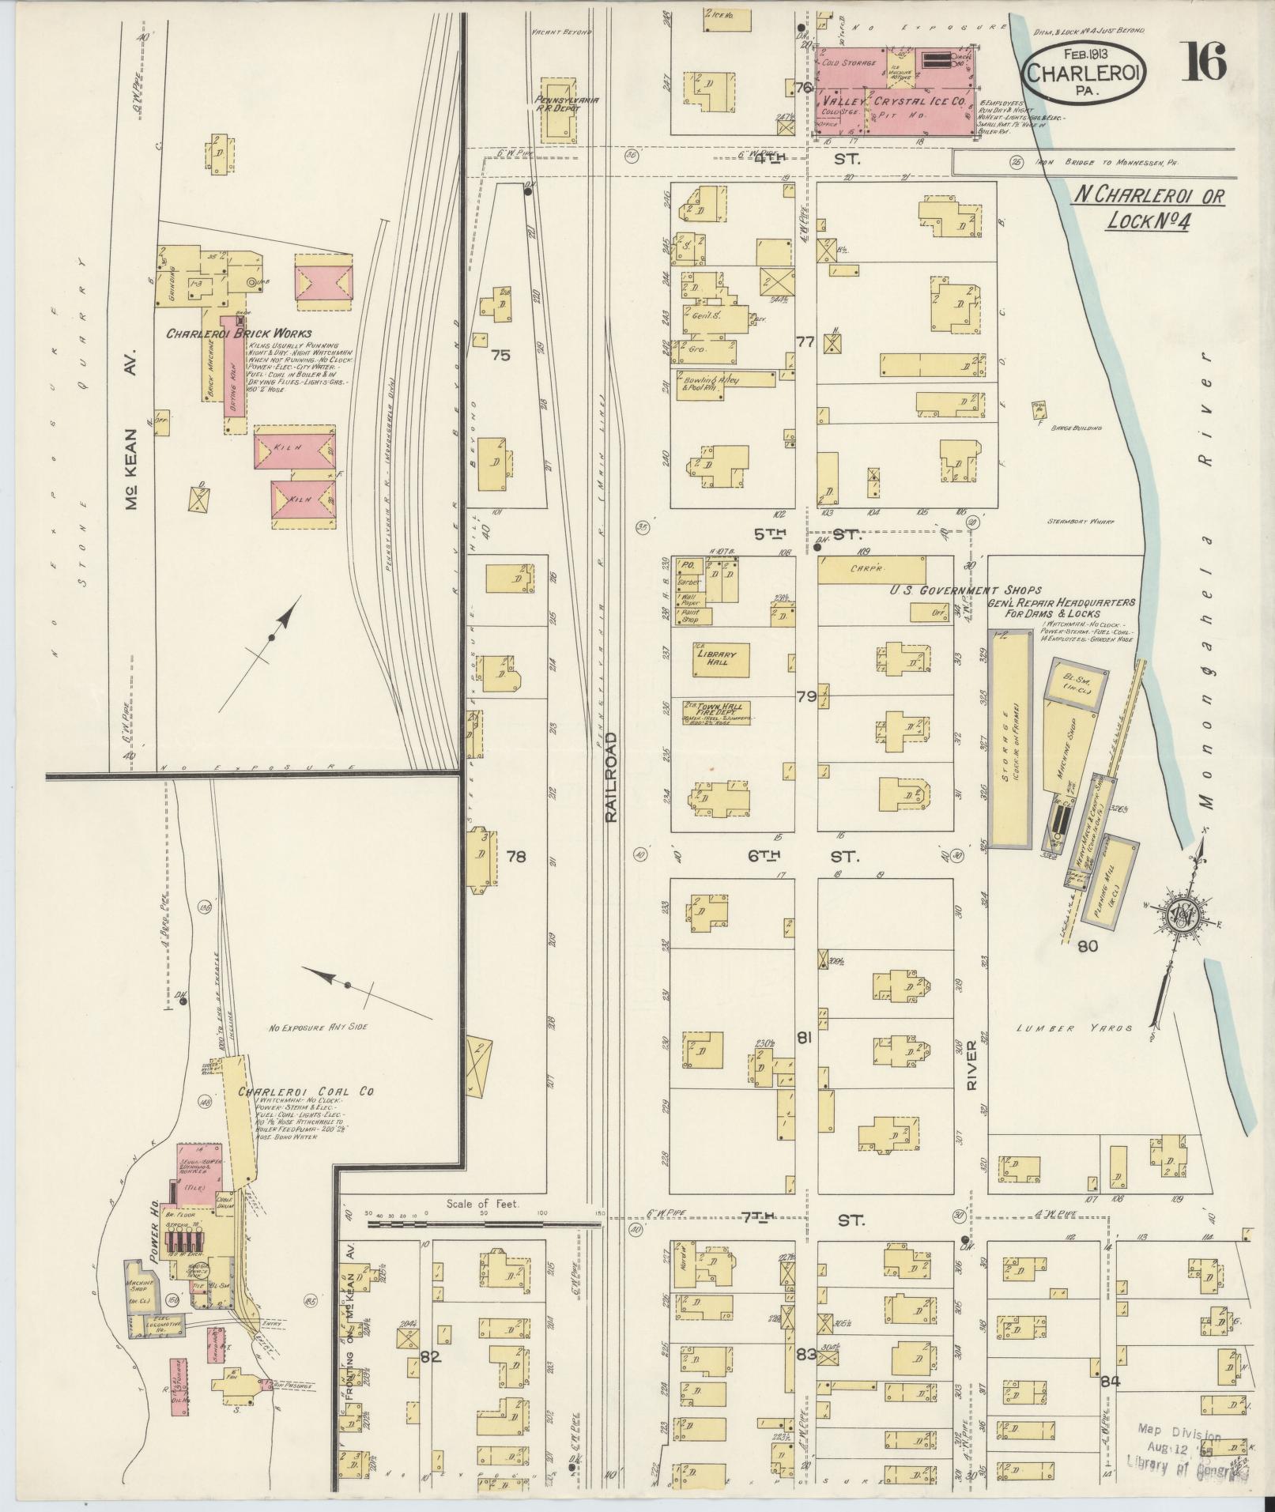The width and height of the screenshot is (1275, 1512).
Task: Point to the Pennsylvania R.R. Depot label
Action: pyautogui.click(x=556, y=104)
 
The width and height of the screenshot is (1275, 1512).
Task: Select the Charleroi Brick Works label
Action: pyautogui.click(x=239, y=334)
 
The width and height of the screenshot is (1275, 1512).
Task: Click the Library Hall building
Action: pyautogui.click(x=717, y=659)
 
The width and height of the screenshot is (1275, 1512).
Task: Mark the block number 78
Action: pyautogui.click(x=516, y=857)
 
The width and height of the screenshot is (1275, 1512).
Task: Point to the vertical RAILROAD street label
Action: pyautogui.click(x=610, y=776)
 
